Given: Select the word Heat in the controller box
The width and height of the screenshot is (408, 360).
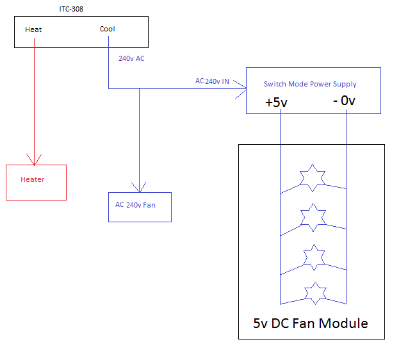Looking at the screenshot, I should pyautogui.click(x=33, y=29).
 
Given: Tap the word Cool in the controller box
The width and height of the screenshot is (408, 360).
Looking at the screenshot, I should pyautogui.click(x=108, y=29).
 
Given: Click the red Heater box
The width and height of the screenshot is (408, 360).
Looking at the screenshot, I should pyautogui.click(x=36, y=182).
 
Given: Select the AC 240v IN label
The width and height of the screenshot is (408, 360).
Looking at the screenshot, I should pyautogui.click(x=213, y=81).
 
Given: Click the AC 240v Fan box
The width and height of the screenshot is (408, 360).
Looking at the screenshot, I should pyautogui.click(x=140, y=206).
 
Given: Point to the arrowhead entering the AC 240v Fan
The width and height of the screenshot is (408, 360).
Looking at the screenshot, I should pyautogui.click(x=139, y=186).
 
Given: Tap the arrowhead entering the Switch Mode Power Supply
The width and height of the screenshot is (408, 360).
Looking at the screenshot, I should pyautogui.click(x=241, y=88).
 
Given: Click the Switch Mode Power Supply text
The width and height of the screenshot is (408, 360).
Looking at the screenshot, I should pyautogui.click(x=310, y=84).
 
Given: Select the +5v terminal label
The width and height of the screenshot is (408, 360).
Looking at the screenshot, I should pyautogui.click(x=277, y=102).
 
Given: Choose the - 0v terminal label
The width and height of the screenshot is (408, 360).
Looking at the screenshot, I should pyautogui.click(x=344, y=101).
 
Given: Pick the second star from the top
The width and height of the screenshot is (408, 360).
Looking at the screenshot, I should pyautogui.click(x=314, y=218).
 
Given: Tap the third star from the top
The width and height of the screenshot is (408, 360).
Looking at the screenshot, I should pyautogui.click(x=314, y=257).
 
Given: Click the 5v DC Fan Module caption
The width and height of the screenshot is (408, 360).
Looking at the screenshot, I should pyautogui.click(x=311, y=323).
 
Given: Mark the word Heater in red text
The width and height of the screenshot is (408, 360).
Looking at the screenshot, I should pyautogui.click(x=33, y=179).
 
